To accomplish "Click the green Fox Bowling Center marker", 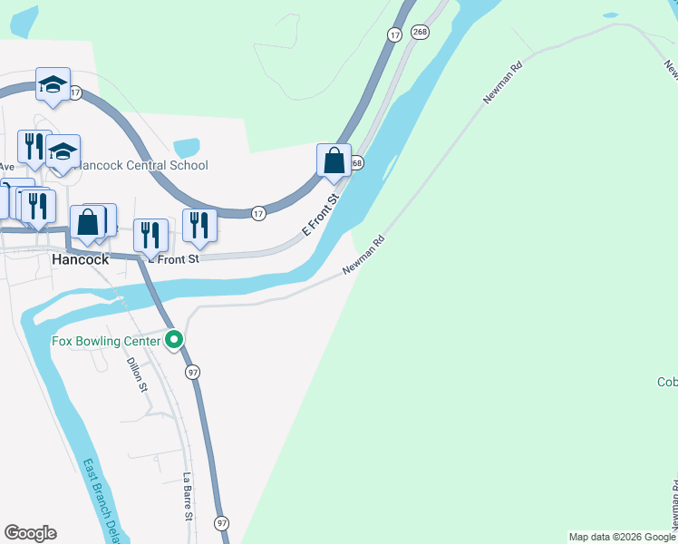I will pos(175,341).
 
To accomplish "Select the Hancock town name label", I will pos(80,258).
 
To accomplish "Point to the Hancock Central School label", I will pos(143,165).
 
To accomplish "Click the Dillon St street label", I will pos(137,374).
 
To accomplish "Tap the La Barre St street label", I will pos(189,496).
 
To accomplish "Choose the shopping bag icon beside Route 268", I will pos(334,161).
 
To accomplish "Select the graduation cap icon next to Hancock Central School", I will pos(63,151).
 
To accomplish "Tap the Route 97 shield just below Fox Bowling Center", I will pos(192,372).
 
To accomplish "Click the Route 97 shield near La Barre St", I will pos(222,523).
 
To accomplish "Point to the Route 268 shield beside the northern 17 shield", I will pos(419,32).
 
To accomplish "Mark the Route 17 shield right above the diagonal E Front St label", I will pos(259,213).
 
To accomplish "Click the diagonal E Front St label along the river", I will pos(321,214).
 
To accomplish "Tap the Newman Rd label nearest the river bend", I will pos(364,257).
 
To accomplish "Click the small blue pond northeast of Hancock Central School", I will pos(186,147).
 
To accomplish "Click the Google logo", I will pos(30,533).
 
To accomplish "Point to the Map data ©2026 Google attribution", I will pos(622,537).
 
